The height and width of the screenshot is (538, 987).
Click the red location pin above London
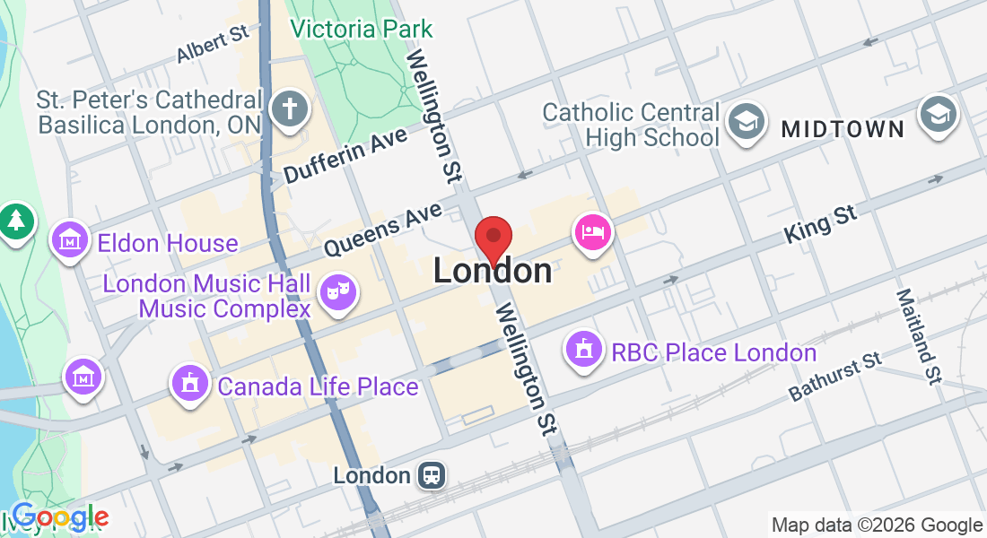coord(493,238)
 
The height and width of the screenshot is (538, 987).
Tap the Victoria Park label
coord(362,29)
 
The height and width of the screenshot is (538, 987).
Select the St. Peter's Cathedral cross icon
coord(290,109)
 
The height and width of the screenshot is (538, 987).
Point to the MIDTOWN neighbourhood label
coord(843,129)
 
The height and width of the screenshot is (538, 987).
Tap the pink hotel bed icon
coord(593,232)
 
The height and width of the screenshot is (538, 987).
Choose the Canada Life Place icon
coord(190,385)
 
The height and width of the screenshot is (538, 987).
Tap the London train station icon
coord(432,475)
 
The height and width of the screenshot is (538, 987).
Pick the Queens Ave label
coord(383,229)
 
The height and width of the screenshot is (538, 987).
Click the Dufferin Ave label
coord(345,155)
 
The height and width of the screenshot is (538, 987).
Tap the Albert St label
coord(212,44)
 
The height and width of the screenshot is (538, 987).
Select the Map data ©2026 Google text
coord(877,525)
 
